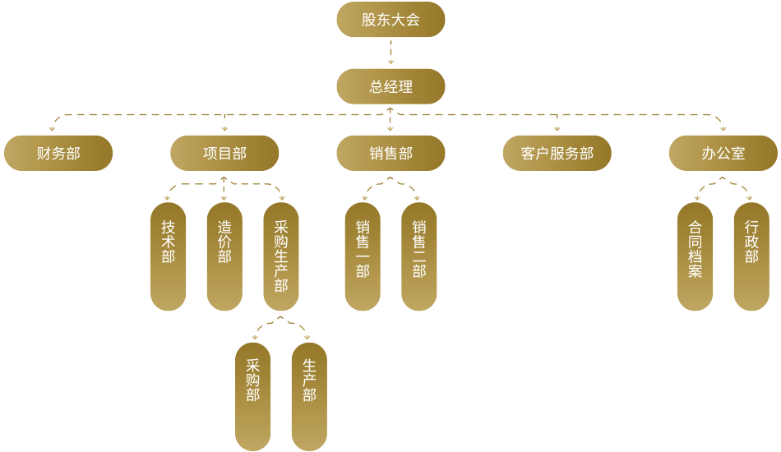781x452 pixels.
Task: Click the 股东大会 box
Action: coord(390,20)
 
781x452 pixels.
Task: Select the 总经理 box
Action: coord(390,86)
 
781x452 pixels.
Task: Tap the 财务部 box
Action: coord(58,153)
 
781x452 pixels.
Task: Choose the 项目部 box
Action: coord(224,153)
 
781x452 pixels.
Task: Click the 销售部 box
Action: coord(390,153)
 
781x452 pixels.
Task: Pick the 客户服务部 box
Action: coord(557,153)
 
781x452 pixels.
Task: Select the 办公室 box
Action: coord(723,153)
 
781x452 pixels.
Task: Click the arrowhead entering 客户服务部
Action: coord(557,128)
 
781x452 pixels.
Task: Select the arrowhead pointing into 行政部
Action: coord(751,197)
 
